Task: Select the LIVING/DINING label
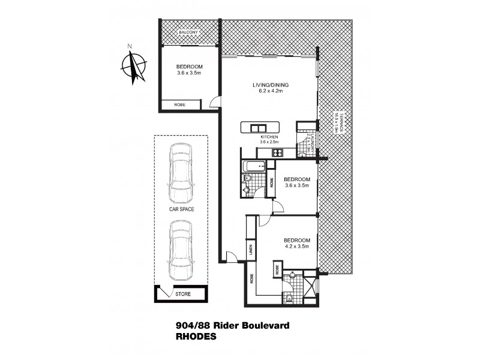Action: pos(267,85)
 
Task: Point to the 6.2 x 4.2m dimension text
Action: pos(267,91)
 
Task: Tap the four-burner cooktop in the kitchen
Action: pos(278,153)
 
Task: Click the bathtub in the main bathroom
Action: pos(253,166)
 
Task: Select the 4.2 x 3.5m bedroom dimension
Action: pos(296,246)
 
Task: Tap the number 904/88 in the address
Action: pos(190,326)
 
